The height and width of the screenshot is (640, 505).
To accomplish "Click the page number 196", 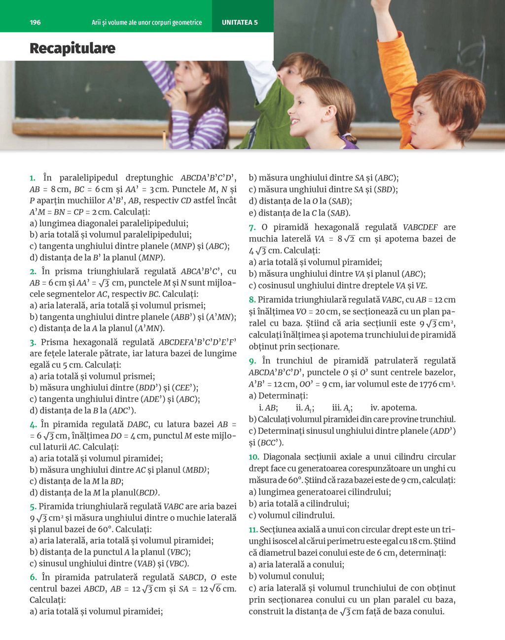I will [x=35, y=22].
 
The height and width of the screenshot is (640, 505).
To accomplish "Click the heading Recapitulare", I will [x=72, y=48].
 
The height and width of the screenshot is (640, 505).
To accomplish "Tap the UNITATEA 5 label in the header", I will [x=240, y=22].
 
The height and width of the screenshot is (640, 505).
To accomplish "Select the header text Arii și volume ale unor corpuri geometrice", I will [x=146, y=22].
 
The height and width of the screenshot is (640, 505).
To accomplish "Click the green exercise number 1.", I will [x=33, y=178].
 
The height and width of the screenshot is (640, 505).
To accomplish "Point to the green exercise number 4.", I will [x=33, y=424].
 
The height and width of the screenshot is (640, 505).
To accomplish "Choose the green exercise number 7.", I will [x=252, y=227].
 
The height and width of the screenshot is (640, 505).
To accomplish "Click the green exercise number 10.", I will [x=253, y=457].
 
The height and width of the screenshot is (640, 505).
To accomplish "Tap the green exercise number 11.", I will [x=253, y=530].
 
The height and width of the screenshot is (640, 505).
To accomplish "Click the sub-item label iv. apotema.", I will [x=394, y=408].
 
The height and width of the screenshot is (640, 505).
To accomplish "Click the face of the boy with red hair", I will [x=424, y=121].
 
